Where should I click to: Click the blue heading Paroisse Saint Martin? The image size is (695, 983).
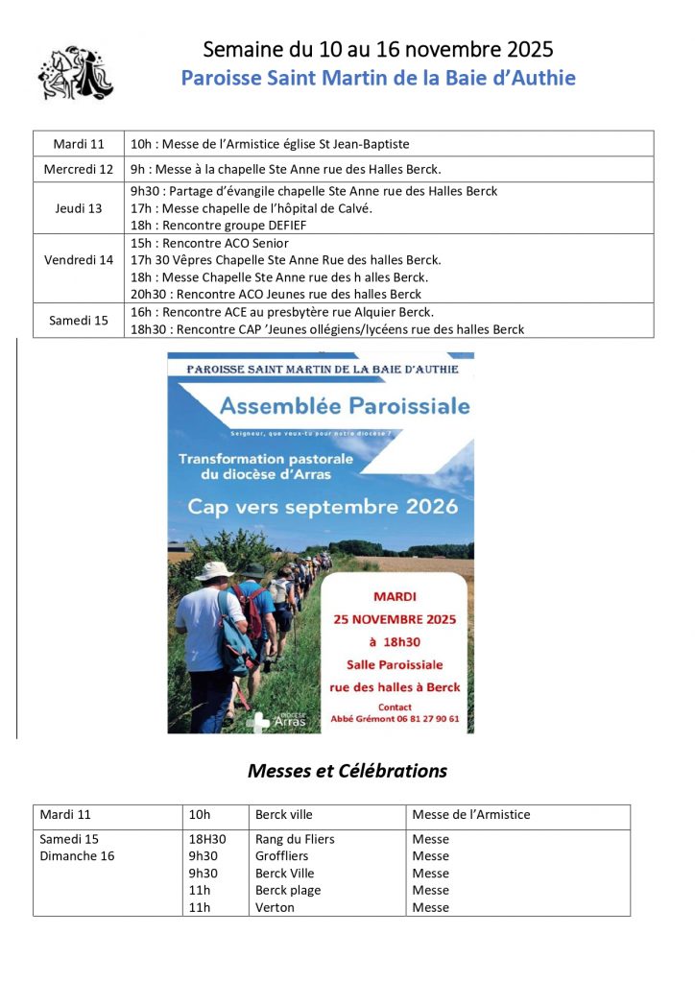pos(378,78)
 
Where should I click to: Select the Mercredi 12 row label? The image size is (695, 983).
pos(79,169)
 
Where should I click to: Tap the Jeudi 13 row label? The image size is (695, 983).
pos(79,208)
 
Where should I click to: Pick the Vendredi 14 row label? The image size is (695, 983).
pos(79,260)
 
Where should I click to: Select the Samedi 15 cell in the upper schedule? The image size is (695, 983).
pos(79,321)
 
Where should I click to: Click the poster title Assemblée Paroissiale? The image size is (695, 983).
pos(345,406)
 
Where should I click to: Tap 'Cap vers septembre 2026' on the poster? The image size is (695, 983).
pos(323,506)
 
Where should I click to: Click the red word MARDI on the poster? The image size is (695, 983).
pos(395,596)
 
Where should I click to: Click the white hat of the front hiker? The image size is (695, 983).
pos(214,570)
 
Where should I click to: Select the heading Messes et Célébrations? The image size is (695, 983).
pos(347,771)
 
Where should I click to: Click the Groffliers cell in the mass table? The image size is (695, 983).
pos(284,856)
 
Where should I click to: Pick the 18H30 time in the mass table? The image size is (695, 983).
pos(207,839)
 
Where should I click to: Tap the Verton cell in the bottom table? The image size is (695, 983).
pos(275,907)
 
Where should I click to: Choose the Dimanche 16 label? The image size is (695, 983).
pos(77,856)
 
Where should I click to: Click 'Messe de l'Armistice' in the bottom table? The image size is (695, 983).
pos(470,815)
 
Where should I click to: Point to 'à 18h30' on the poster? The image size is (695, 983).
pos(395,642)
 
